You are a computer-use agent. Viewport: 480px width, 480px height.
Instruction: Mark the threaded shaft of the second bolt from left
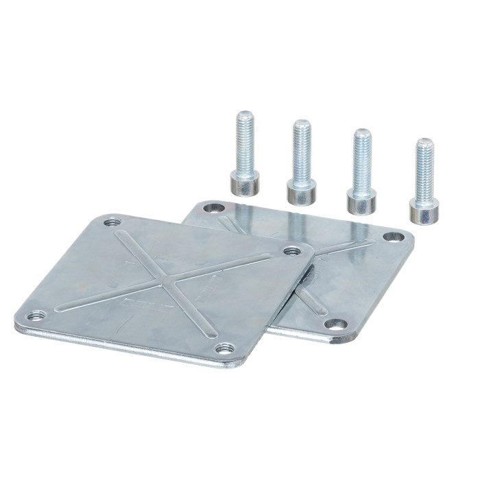tap(302, 151)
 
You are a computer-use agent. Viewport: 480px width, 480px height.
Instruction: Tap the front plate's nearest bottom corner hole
tap(224, 348)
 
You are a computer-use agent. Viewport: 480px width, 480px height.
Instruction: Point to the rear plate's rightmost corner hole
tap(393, 237)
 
